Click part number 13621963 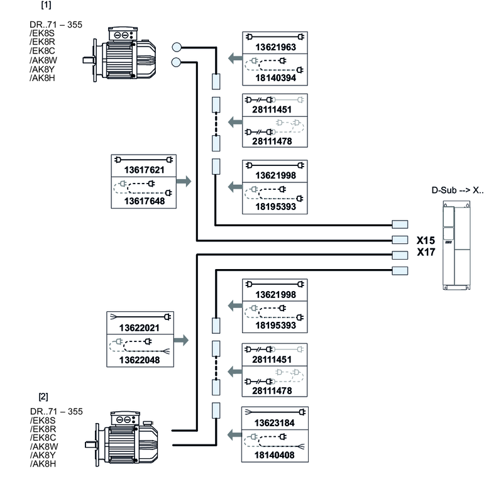pos(275,47)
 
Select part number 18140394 pos(275,79)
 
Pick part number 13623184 pos(275,423)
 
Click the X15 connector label pos(426,240)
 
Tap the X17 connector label pos(426,253)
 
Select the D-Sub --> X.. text pos(457,190)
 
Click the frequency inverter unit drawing pos(454,245)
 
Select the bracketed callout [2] pos(43,397)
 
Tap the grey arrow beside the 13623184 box pos(234,434)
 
